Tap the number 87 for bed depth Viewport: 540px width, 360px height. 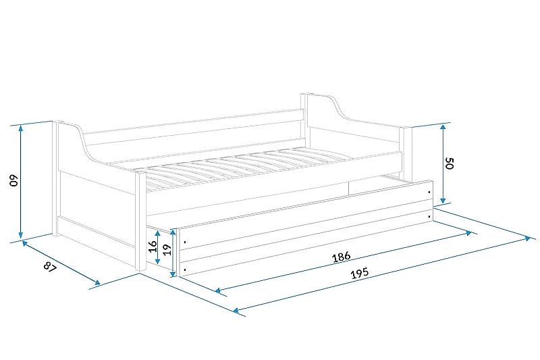tap(50, 267)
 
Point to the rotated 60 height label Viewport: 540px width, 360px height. tap(13, 180)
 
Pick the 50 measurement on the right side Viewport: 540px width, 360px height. tap(450, 163)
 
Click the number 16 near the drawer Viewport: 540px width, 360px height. tap(153, 247)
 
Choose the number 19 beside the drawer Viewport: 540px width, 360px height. tap(166, 249)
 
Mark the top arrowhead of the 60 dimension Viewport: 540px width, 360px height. tap(21, 128)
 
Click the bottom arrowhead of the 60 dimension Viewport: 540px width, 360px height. tap(21, 235)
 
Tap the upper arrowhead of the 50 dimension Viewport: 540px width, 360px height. tap(443, 128)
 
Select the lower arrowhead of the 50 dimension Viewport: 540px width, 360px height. tap(443, 200)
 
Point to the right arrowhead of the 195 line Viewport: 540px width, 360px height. tap(528, 238)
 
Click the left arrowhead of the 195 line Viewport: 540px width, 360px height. tap(236, 311)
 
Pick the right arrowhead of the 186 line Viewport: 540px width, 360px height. tap(468, 233)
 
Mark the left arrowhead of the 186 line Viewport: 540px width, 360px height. tap(217, 290)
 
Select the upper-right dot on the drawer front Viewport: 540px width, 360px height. tap(429, 192)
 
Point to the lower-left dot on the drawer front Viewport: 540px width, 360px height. tap(185, 269)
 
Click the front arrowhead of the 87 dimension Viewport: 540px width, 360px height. tap(97, 283)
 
